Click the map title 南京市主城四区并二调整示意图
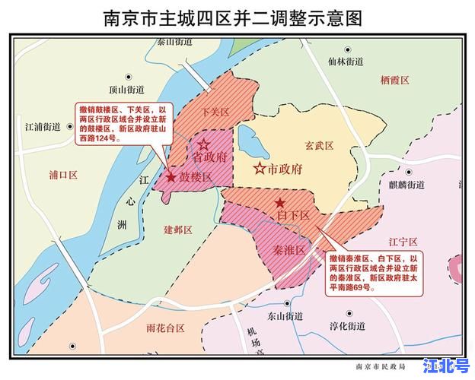(237, 16)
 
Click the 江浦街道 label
(43, 126)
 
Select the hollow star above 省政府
(203, 144)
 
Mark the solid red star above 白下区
(281, 203)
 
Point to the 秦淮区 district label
(289, 250)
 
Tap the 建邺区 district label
(177, 229)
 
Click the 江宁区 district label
(403, 242)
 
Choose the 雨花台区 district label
(166, 328)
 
